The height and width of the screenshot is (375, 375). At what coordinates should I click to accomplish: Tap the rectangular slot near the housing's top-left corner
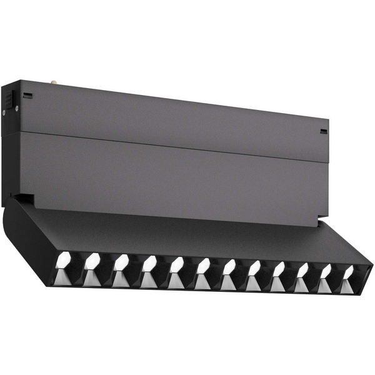(28, 96)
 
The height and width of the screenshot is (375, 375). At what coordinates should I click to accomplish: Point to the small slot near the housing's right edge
(323, 131)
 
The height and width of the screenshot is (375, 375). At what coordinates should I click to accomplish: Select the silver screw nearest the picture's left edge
(4, 112)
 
